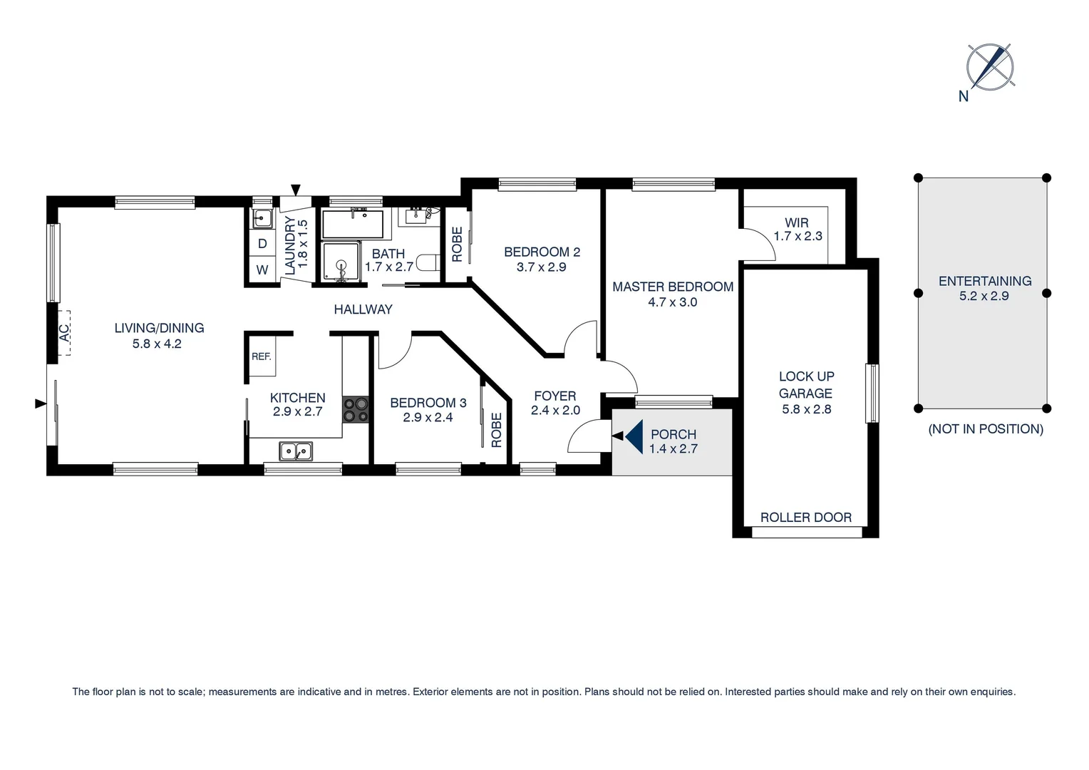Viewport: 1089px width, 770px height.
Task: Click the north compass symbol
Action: (989, 67)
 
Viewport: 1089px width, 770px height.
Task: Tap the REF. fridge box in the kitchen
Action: (262, 356)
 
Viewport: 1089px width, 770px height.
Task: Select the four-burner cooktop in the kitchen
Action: (356, 410)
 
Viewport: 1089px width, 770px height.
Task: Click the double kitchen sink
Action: (295, 451)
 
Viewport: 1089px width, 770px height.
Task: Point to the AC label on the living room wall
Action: (64, 333)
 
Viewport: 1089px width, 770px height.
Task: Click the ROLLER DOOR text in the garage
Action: (805, 518)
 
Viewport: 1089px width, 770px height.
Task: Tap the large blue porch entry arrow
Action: (634, 436)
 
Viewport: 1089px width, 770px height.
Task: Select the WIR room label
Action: (796, 222)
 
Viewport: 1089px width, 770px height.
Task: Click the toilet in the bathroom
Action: (428, 262)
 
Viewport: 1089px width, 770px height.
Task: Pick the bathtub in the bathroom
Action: (353, 224)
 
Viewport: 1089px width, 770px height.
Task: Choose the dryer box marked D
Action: (262, 244)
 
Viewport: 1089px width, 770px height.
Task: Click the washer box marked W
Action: (262, 270)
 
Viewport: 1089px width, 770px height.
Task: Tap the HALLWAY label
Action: (363, 309)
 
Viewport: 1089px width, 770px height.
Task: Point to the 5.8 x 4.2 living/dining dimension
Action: (157, 344)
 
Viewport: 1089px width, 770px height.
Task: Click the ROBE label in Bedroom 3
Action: (497, 430)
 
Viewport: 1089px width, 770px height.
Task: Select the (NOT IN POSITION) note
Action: (985, 429)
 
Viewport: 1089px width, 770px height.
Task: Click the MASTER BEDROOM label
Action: (672, 287)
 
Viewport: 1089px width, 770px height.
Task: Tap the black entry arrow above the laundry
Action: (296, 190)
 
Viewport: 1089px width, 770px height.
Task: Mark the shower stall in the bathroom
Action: (341, 262)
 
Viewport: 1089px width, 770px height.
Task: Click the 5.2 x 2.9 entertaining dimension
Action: (984, 296)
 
